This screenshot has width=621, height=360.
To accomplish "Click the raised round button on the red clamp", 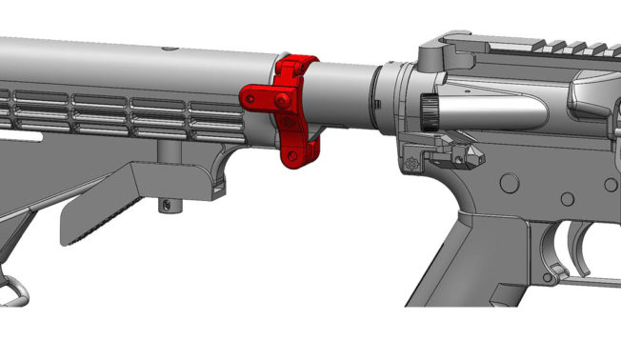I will (281, 99).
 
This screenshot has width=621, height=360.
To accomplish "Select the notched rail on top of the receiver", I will (562, 43).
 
